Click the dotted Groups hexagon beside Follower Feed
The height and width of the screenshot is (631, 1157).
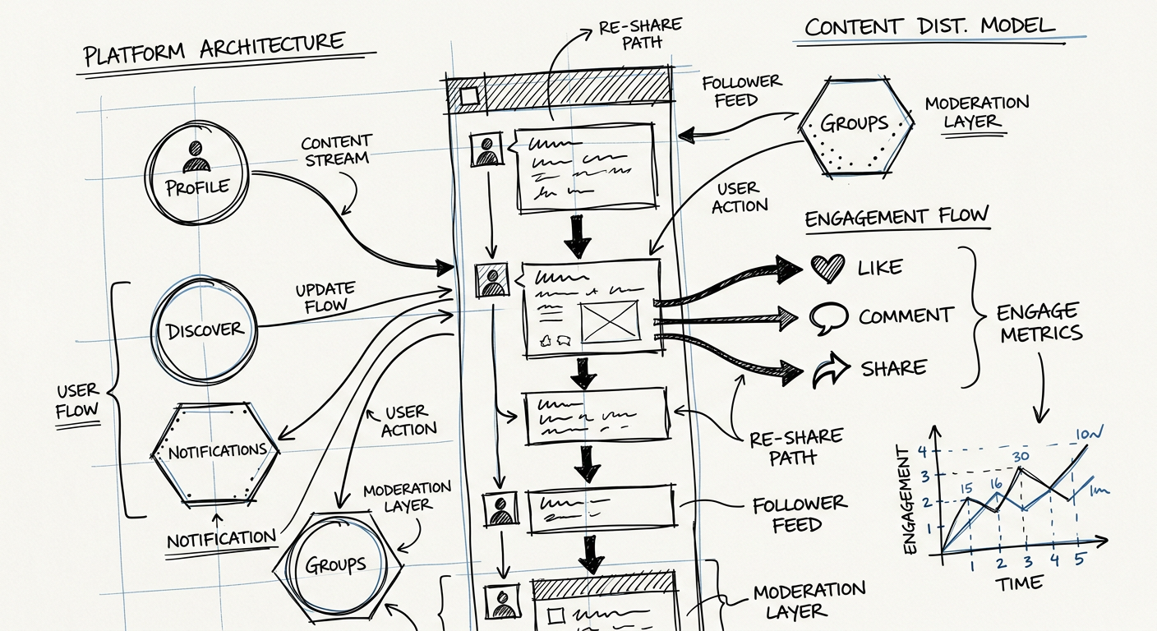(x=855, y=125)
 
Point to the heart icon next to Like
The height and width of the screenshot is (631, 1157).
(x=827, y=268)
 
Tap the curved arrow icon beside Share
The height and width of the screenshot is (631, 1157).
(x=829, y=371)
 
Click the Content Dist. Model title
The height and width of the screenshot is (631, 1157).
(x=929, y=26)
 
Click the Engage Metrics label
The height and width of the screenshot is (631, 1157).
(x=1039, y=322)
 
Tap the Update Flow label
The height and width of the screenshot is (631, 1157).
(x=325, y=297)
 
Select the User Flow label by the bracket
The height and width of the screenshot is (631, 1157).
(x=77, y=400)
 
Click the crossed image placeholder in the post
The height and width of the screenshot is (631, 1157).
(x=609, y=321)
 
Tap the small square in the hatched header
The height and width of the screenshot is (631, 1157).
(x=469, y=96)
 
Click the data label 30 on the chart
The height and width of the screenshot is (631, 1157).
(x=1021, y=458)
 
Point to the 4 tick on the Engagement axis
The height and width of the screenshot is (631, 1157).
(x=922, y=450)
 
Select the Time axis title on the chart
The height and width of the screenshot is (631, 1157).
(x=1021, y=583)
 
